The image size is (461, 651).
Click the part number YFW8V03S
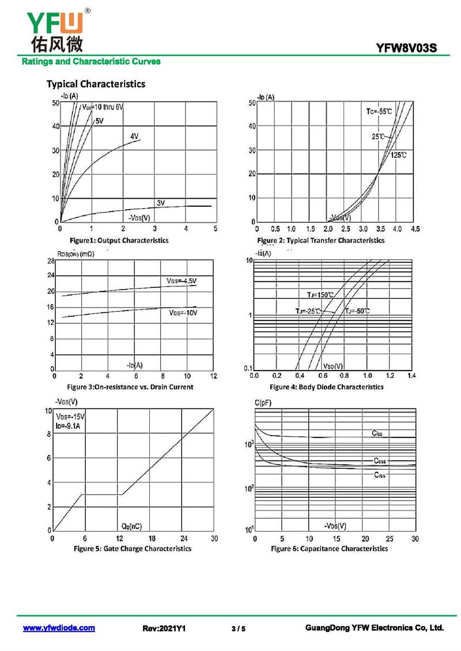coord(406,49)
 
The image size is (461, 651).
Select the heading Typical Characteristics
coord(96,84)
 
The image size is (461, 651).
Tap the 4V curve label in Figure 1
coord(134,137)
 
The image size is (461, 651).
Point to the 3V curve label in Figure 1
coord(161,203)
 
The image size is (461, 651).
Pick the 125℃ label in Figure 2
coord(399,156)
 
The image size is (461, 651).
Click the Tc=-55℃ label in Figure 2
coord(379,111)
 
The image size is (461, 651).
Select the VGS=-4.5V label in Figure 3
coord(182,281)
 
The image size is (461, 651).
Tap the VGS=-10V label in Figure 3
coord(183,313)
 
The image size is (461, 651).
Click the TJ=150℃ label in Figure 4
coord(316,294)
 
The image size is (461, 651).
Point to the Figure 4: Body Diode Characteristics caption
coord(326,387)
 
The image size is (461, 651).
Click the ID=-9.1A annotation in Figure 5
coord(69,426)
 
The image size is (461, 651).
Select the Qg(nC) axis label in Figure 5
coord(131,527)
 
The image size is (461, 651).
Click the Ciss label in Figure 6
coord(377,433)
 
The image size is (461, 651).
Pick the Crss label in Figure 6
coord(380,475)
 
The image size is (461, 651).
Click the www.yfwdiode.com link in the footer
coord(59,628)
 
